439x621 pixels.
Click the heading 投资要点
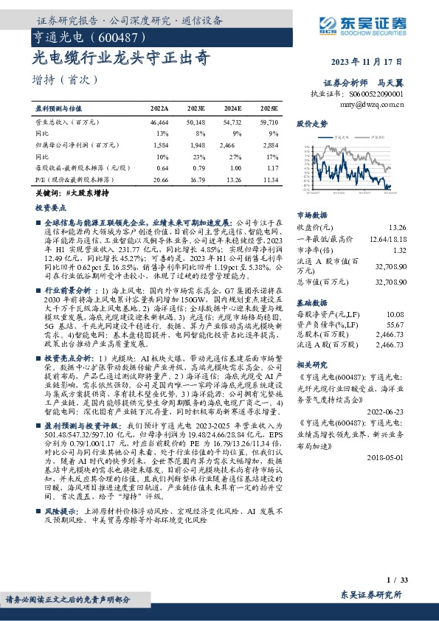[x=51, y=209]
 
